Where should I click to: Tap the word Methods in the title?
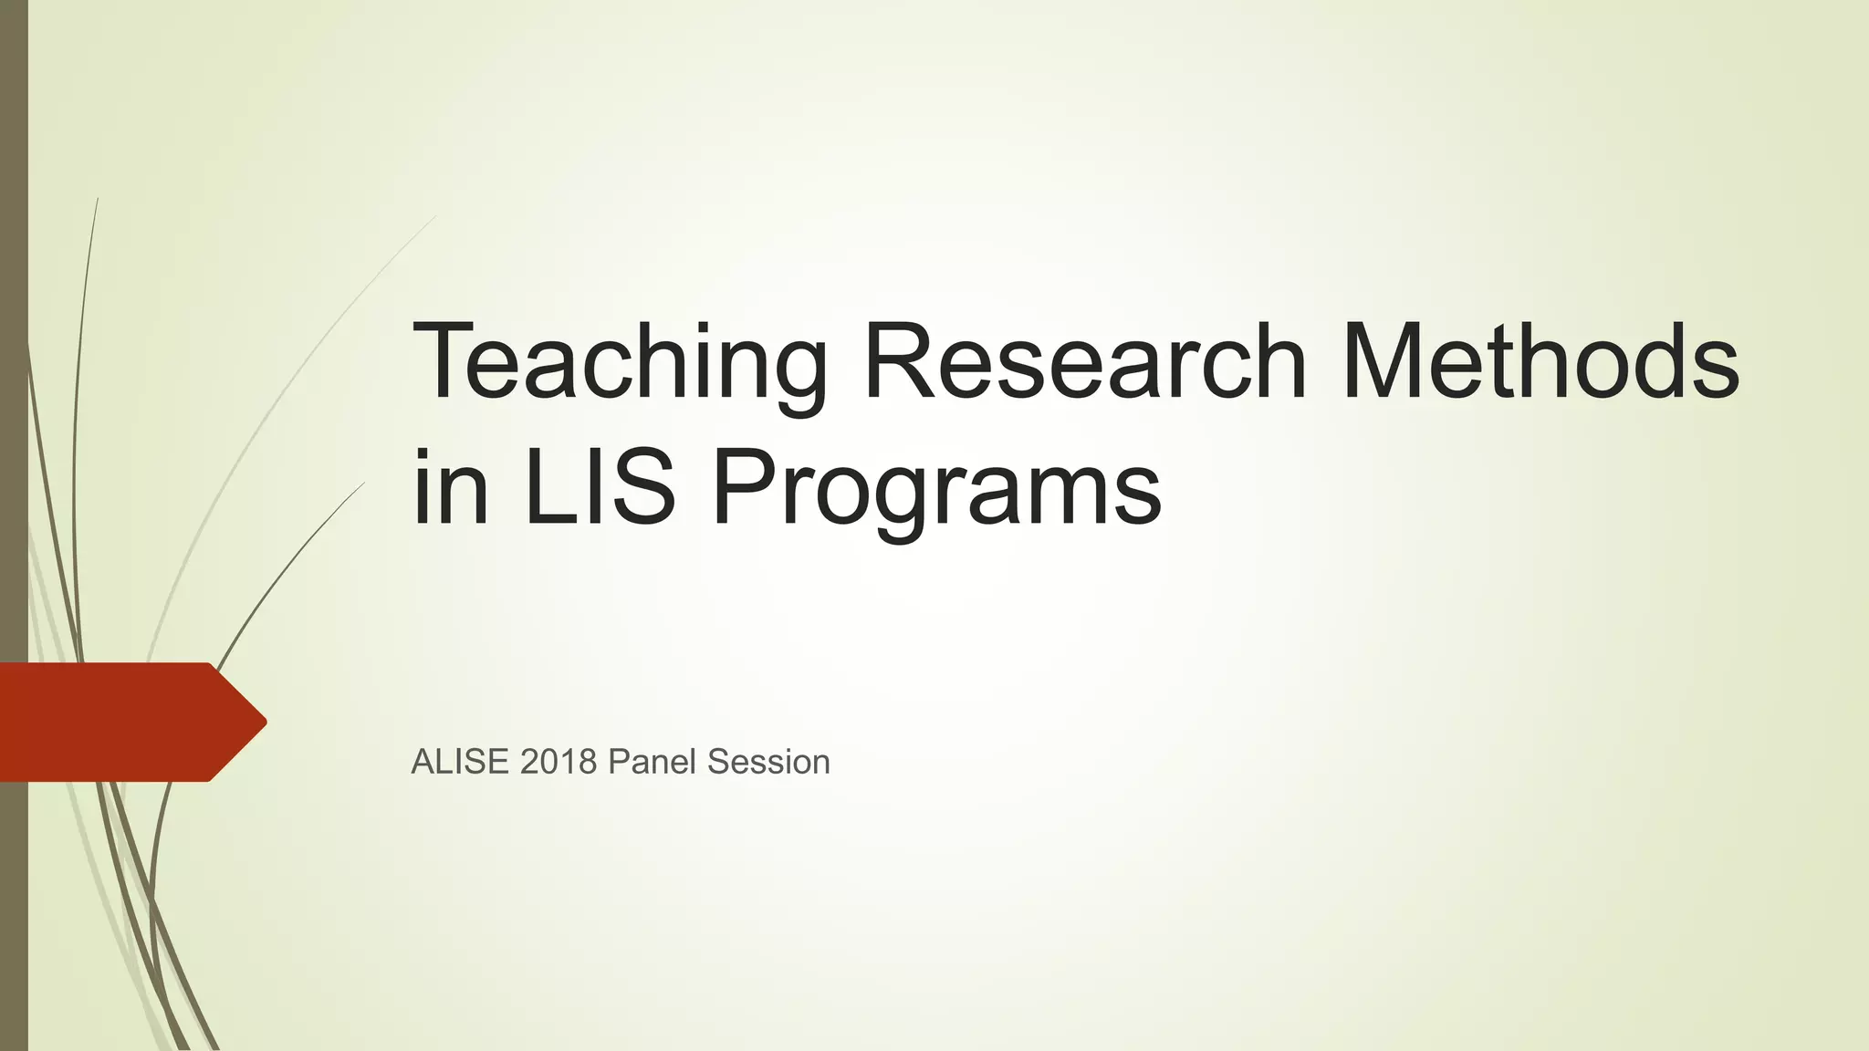click(1540, 361)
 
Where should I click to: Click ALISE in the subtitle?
click(461, 762)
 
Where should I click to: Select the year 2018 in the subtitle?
click(559, 762)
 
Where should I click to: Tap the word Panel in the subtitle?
click(653, 762)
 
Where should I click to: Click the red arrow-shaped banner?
click(119, 722)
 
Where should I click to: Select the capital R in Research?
click(899, 361)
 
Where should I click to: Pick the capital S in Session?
click(718, 762)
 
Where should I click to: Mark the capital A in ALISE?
click(423, 762)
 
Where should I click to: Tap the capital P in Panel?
click(618, 762)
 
